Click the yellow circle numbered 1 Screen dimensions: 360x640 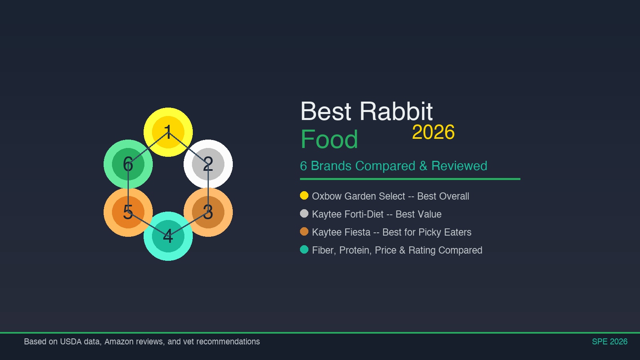(168, 132)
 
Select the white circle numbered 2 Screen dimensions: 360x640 (208, 164)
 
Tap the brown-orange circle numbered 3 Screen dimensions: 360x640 (208, 212)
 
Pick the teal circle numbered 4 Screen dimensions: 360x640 (168, 236)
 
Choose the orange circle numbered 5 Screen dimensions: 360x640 (128, 212)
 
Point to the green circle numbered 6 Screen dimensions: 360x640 (128, 164)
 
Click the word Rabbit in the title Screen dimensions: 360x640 (396, 111)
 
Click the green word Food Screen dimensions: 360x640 (329, 140)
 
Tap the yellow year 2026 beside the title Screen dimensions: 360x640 (433, 132)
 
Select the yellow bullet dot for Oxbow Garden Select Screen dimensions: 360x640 (304, 196)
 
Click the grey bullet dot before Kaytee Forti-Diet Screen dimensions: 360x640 (304, 214)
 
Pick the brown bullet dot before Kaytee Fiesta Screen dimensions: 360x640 (304, 232)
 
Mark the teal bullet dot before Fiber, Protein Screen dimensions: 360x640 (304, 250)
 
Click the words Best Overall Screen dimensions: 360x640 (443, 196)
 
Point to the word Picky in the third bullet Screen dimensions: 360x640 (430, 232)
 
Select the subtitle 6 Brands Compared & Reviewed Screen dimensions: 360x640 (393, 166)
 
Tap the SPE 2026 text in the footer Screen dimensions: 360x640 (609, 342)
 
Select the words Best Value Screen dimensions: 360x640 (418, 214)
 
